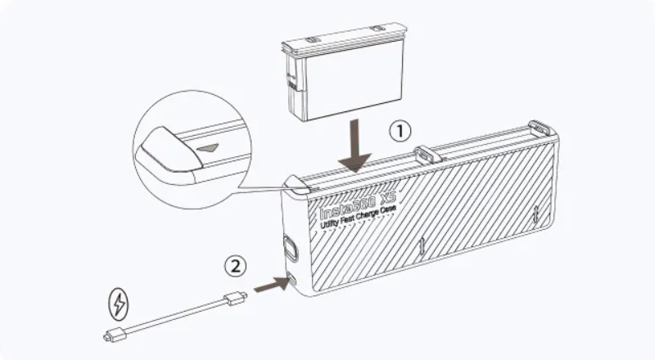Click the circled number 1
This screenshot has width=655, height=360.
coord(400,131)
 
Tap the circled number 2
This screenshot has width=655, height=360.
coord(236,266)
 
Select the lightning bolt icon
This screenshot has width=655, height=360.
coord(119,304)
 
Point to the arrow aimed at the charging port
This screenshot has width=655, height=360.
coord(272,284)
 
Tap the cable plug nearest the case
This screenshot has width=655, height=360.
coord(236,298)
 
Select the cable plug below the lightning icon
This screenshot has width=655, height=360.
coord(115,335)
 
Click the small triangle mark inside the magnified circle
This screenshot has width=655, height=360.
coord(208,147)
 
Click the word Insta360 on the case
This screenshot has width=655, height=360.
coord(347,207)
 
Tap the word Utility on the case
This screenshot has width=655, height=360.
coord(330,223)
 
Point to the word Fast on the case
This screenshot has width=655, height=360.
coord(350,218)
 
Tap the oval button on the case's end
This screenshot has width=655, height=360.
coord(291,248)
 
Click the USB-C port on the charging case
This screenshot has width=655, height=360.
coord(291,278)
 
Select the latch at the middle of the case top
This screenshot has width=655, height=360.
coord(427,154)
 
